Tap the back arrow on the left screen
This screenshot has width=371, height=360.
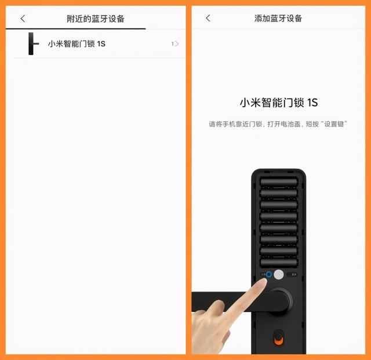23,19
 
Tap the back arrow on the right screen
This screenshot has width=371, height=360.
208,19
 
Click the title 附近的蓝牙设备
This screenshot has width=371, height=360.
96,19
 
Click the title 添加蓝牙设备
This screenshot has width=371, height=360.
278,19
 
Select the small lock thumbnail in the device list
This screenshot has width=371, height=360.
33,44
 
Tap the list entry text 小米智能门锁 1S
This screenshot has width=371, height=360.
77,44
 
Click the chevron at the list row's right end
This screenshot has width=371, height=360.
176,44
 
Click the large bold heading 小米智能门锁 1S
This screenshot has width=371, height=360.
278,103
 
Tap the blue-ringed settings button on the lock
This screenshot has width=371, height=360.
269,275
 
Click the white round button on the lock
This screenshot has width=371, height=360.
279,275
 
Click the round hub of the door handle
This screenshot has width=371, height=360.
279,300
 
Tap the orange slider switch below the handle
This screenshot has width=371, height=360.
279,337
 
